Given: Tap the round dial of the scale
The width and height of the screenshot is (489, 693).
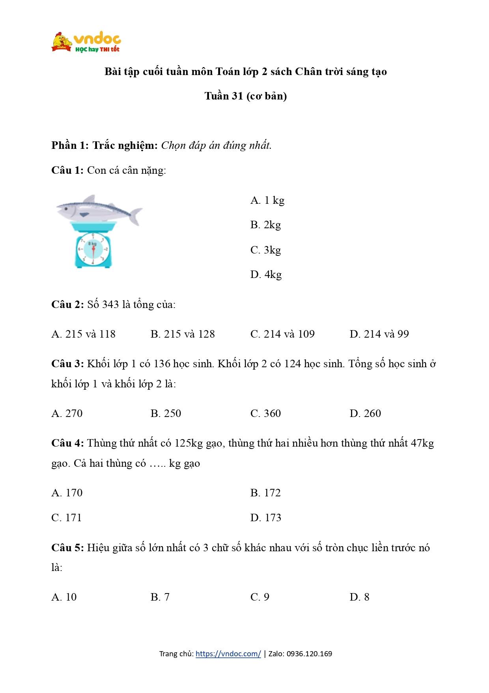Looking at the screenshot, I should click(x=93, y=250).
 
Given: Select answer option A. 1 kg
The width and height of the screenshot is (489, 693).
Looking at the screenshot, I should click(x=267, y=201).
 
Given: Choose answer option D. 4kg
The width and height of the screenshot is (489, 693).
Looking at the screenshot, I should click(x=266, y=274).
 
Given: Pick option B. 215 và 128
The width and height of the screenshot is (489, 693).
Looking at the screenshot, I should click(x=183, y=334).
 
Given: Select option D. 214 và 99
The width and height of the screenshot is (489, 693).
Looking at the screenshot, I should click(x=379, y=334).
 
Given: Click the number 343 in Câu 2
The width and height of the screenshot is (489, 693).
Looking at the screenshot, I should click(x=110, y=304).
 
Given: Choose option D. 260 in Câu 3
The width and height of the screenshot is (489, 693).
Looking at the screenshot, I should click(x=365, y=413).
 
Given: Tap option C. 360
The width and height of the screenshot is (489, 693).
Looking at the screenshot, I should click(x=265, y=413).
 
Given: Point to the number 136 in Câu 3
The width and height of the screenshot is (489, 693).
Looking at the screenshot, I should click(x=162, y=364).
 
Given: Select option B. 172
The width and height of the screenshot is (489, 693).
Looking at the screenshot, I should click(x=265, y=493).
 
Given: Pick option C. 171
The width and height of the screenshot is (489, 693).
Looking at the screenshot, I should click(x=66, y=518).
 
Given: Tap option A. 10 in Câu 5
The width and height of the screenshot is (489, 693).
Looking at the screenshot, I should click(x=64, y=597).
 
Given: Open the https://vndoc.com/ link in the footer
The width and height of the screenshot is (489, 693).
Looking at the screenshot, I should click(x=228, y=654).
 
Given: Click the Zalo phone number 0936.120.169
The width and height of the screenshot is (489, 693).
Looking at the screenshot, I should click(x=309, y=654).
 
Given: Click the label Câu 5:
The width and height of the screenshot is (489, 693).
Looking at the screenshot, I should click(x=67, y=548).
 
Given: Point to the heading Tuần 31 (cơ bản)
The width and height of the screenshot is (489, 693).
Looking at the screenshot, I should click(x=245, y=96).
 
